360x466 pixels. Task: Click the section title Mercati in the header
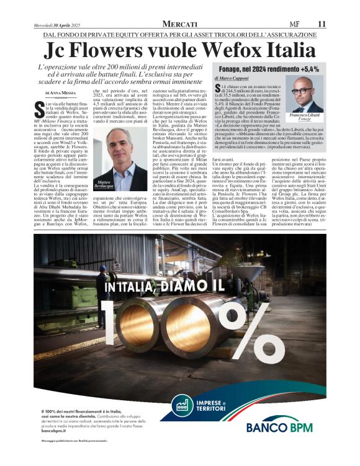(179, 23)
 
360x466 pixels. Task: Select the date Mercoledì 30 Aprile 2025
(58, 24)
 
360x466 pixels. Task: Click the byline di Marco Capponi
(232, 79)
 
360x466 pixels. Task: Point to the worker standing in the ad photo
(103, 295)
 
